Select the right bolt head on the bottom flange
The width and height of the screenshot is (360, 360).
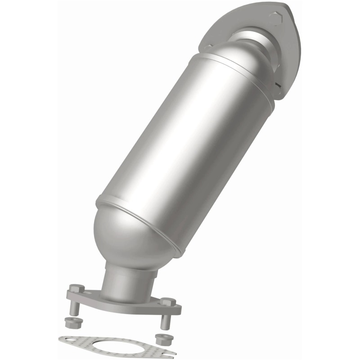tap(167, 302)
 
